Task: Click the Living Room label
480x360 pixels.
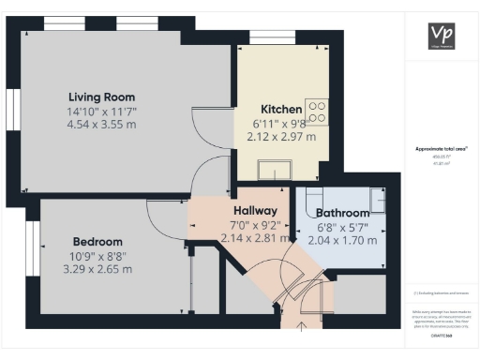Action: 101,97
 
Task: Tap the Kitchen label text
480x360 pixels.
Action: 280,109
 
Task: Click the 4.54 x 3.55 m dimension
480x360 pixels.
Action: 101,126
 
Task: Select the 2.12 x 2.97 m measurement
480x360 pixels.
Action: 281,137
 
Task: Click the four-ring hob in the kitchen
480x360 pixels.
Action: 317,112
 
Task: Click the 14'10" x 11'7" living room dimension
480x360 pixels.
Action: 101,112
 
